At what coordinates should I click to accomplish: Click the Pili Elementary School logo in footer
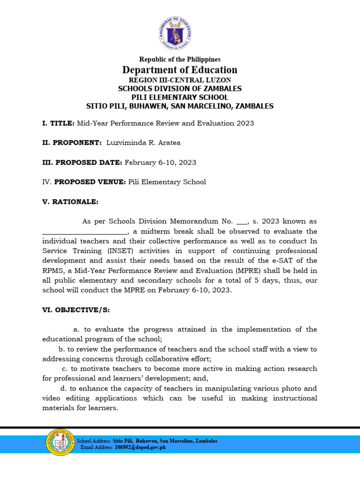[x=60, y=443]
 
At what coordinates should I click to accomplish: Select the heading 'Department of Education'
[x=180, y=70]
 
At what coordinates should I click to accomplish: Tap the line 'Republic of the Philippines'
[x=180, y=60]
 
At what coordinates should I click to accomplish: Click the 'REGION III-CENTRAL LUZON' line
[x=180, y=80]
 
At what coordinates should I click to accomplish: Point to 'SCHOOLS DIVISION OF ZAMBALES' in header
[x=180, y=89]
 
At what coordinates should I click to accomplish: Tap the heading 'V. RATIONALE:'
[x=70, y=202]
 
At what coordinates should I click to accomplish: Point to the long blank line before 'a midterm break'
[x=84, y=232]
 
